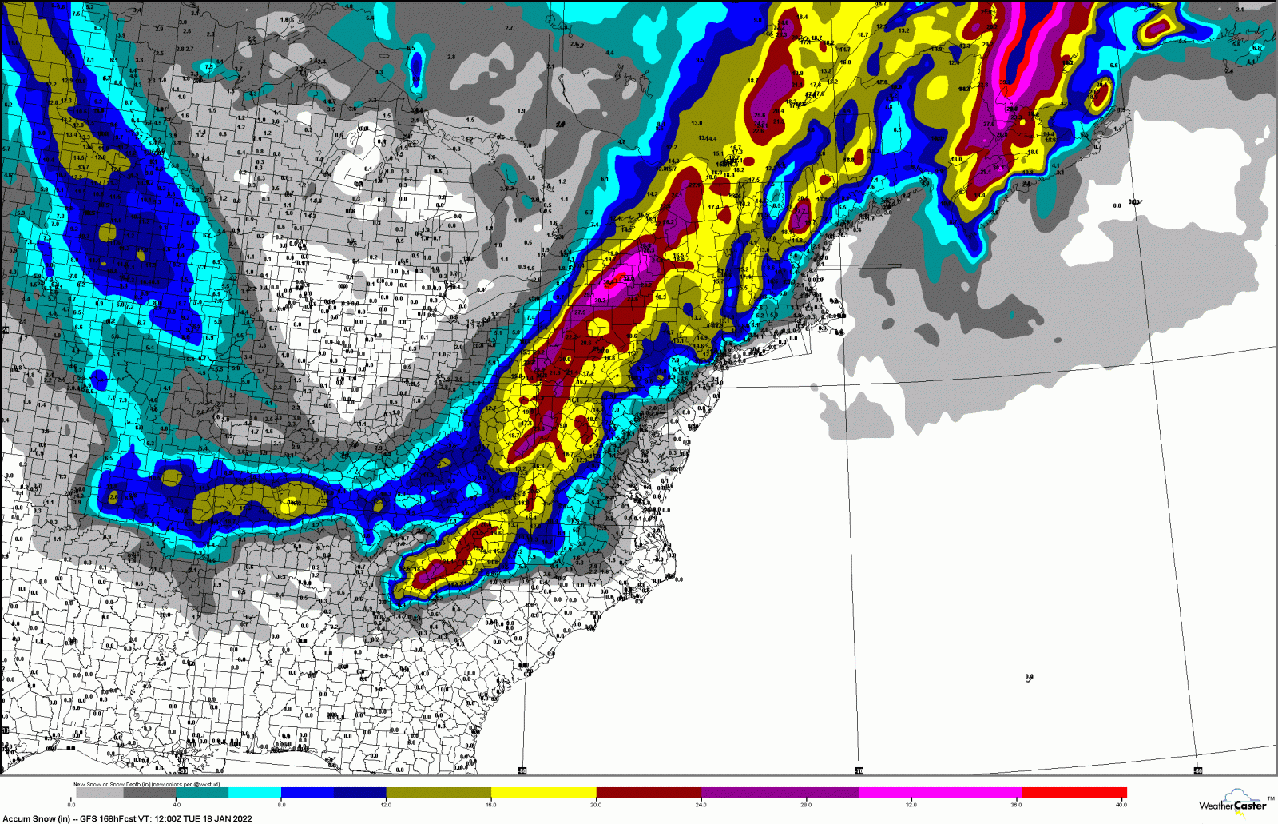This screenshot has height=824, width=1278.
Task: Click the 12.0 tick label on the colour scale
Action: click(x=386, y=805)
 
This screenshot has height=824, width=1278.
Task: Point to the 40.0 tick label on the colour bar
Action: click(x=1121, y=805)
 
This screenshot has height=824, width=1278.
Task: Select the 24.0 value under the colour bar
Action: click(x=701, y=805)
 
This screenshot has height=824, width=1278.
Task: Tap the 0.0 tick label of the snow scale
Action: click(x=72, y=805)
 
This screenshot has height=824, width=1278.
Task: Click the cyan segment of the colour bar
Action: click(x=255, y=793)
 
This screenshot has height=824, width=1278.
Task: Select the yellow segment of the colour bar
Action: click(x=543, y=793)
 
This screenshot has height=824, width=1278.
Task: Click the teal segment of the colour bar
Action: click(x=202, y=793)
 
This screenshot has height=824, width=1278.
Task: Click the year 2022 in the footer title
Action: click(x=241, y=818)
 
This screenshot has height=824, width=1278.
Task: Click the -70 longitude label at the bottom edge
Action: click(x=859, y=771)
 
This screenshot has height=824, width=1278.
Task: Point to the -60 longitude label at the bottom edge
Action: click(x=1198, y=771)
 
